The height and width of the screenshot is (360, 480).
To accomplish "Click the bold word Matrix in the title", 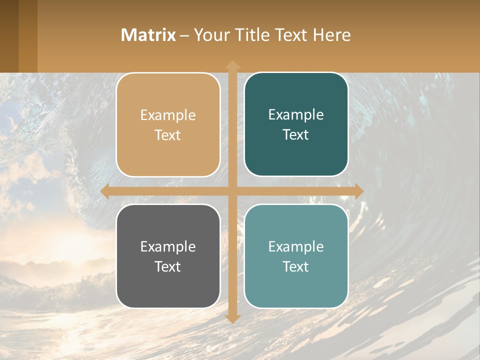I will [148, 35].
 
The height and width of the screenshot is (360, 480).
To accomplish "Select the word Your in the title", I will [209, 35].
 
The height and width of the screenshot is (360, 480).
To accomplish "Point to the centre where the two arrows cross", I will [232, 191].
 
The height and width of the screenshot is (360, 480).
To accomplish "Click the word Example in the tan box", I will [168, 115].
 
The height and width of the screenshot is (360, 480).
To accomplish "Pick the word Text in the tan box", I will [168, 135].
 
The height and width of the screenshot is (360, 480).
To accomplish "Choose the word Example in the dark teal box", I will [296, 114].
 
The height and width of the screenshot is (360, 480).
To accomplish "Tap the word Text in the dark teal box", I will [296, 134].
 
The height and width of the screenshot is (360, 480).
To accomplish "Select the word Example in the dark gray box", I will [168, 246].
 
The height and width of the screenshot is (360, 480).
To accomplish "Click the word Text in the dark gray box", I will [168, 266].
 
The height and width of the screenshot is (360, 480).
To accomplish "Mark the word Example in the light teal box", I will [296, 246].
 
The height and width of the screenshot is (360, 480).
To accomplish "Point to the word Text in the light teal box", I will [296, 266].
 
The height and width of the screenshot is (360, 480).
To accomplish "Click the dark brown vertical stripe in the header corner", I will [9, 36].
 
